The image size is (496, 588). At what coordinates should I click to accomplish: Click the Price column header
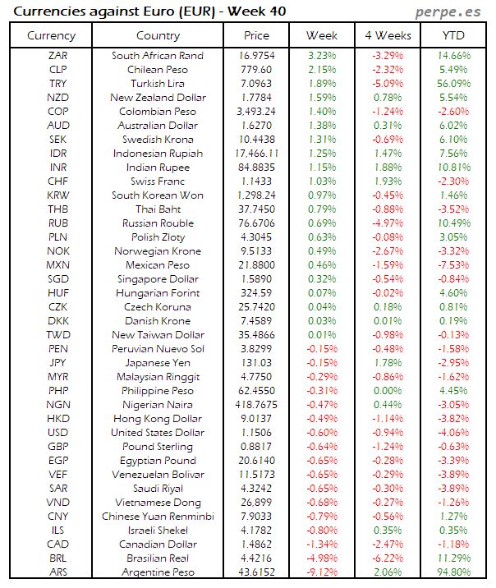(256, 35)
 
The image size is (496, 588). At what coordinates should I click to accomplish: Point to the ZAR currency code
(57, 56)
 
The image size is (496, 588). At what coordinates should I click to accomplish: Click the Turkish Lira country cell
(158, 84)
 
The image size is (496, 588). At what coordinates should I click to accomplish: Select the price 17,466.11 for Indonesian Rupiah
(256, 154)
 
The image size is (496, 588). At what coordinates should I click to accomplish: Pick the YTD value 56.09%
(453, 84)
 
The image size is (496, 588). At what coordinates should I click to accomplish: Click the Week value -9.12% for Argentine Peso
(322, 572)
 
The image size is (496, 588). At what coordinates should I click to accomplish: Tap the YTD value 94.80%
(453, 572)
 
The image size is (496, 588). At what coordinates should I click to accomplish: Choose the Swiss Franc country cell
(158, 181)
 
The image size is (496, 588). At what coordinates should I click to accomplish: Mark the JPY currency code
(57, 363)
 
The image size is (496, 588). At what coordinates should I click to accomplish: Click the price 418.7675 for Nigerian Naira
(256, 405)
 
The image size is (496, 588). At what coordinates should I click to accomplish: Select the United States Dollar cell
(158, 433)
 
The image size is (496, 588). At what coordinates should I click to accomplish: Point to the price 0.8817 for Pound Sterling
(256, 447)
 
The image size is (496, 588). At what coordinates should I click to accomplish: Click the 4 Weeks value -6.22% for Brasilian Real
(387, 558)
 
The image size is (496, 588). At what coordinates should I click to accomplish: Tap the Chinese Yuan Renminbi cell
(158, 517)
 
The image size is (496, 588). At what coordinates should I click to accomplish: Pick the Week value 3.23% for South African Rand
(322, 56)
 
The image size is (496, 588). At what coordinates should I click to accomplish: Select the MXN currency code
(57, 265)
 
